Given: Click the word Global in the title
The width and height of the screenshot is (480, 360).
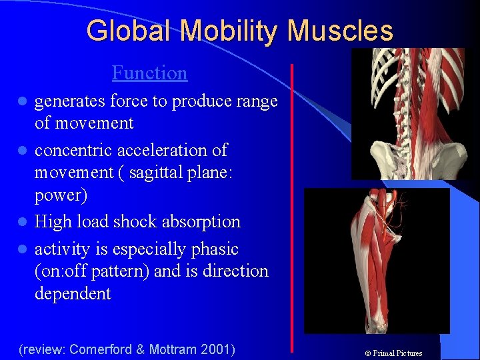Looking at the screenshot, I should pos(125,31).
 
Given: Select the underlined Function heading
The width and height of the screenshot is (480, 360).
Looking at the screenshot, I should pos(149,72).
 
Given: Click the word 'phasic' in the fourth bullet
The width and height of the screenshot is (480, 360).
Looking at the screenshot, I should pos(215,249).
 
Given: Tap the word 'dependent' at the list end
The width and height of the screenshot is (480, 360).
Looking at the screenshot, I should pos(73,294).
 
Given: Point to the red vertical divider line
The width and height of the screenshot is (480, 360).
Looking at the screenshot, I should pos(292,207).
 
